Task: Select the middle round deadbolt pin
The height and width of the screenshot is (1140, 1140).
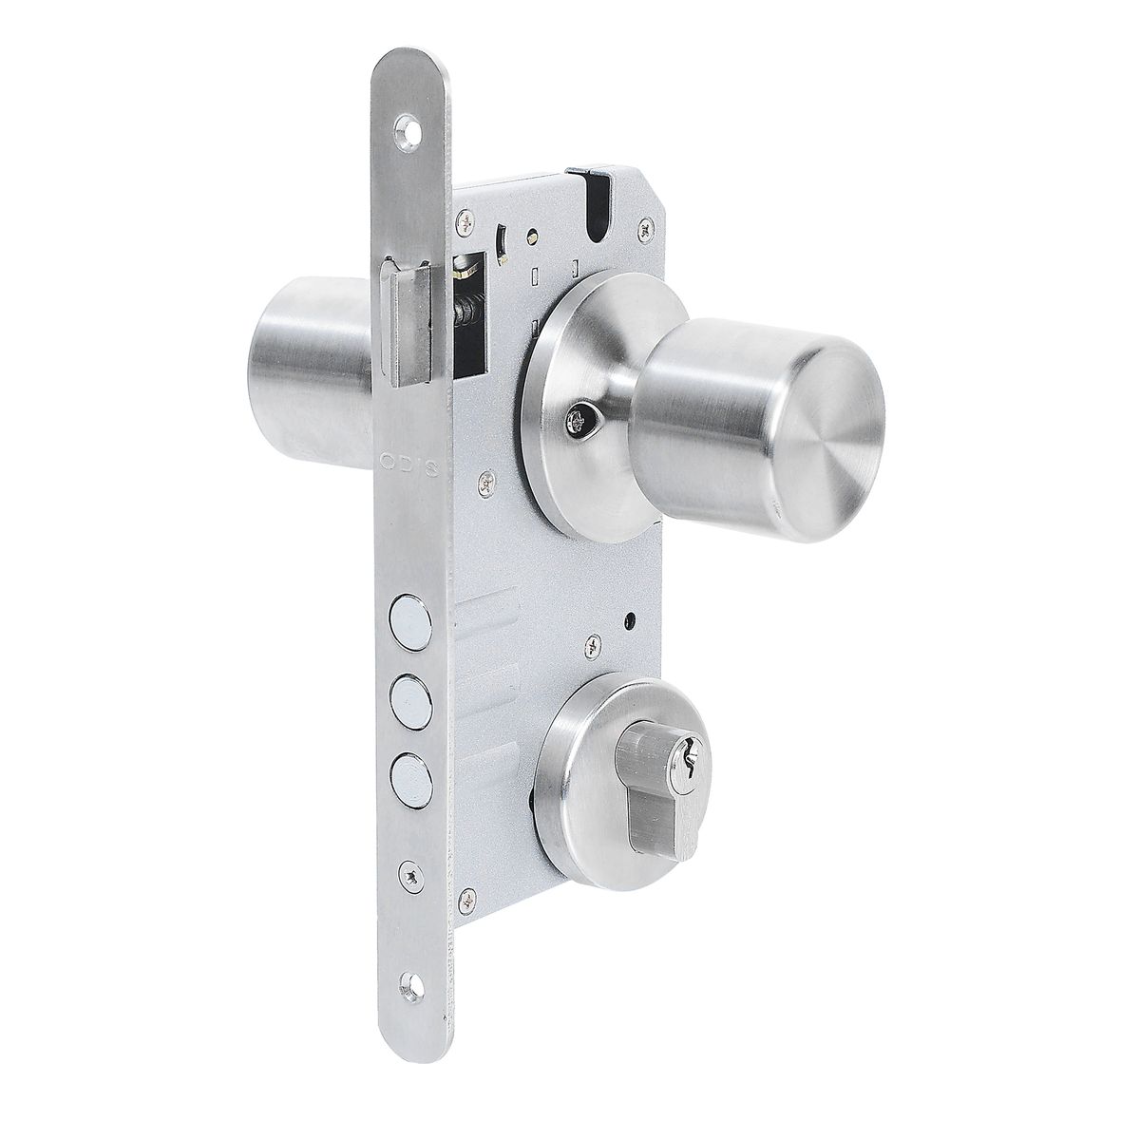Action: click(407, 690)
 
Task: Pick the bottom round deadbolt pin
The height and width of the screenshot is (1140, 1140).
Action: click(407, 768)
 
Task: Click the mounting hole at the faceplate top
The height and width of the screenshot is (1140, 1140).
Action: click(409, 125)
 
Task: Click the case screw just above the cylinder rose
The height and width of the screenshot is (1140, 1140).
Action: click(590, 645)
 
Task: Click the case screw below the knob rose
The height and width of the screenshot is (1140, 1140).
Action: click(487, 484)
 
